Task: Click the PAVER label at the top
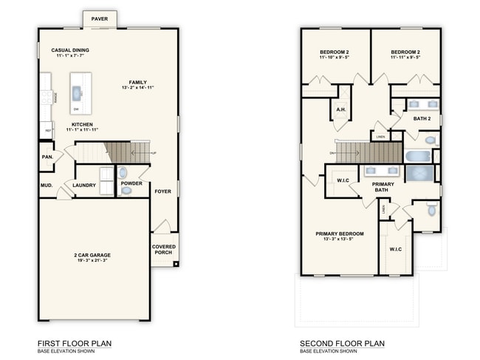coord(99,18)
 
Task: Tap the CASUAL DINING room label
coord(71,50)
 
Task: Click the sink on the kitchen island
coord(77,92)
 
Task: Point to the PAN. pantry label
coord(47,157)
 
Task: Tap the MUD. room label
coord(47,185)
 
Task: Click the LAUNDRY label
coord(84,185)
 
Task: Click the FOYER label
coord(162,191)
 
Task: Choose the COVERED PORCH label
coord(163,249)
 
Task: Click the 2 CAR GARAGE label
coord(92,255)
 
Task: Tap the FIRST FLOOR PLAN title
coord(75,343)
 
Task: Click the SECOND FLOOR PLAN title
coord(342,343)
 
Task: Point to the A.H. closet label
coord(341,109)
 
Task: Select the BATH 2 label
coord(422,118)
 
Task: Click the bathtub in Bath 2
coord(417,156)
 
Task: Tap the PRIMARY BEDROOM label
coord(339,234)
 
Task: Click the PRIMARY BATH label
coord(383,187)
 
